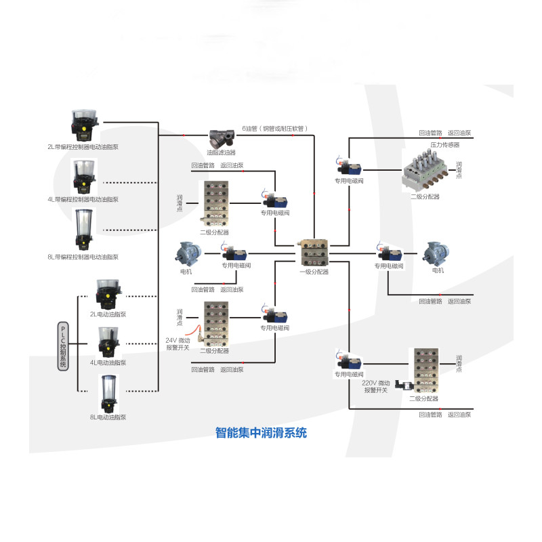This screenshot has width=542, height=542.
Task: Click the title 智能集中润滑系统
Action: pos(260,432)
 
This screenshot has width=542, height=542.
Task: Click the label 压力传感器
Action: pos(444,144)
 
